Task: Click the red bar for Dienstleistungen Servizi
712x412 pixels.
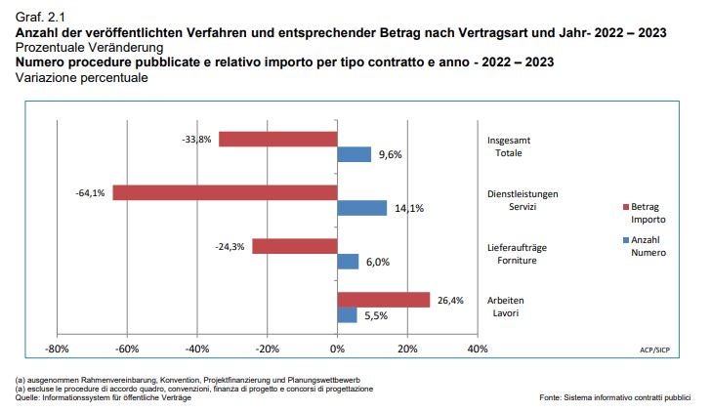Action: pyautogui.click(x=225, y=192)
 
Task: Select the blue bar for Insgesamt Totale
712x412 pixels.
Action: pyautogui.click(x=354, y=154)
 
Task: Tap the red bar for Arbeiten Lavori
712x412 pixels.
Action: pyautogui.click(x=383, y=300)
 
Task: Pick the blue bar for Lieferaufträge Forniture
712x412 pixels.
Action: pyautogui.click(x=348, y=262)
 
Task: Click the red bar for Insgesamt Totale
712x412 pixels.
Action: pyautogui.click(x=277, y=140)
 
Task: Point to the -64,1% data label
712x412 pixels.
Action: pyautogui.click(x=90, y=193)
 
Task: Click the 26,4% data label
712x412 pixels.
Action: pyautogui.click(x=450, y=301)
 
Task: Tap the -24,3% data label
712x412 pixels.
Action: pyautogui.click(x=230, y=246)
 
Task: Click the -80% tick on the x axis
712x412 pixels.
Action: pyautogui.click(x=58, y=349)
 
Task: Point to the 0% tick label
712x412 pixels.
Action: pyautogui.click(x=337, y=349)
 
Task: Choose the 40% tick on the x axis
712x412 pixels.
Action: pyautogui.click(x=477, y=349)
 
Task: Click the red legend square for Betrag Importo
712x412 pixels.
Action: pyautogui.click(x=625, y=207)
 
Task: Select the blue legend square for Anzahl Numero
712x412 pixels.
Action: pyautogui.click(x=625, y=240)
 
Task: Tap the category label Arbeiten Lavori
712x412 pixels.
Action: pyautogui.click(x=506, y=307)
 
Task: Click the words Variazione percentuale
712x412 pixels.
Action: pyautogui.click(x=82, y=78)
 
